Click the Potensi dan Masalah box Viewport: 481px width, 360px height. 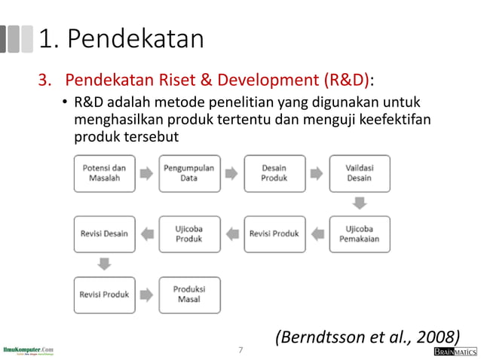[x=104, y=173]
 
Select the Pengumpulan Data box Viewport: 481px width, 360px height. [x=189, y=173]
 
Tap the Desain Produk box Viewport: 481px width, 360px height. [x=274, y=173]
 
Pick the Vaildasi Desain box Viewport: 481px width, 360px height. [x=360, y=173]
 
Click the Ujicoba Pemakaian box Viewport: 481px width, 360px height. [x=360, y=233]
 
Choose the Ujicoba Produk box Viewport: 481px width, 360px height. [x=189, y=233]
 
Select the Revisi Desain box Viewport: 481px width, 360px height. [x=104, y=233]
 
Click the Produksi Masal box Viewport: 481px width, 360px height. [x=189, y=294]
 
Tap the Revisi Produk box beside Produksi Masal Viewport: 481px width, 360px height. [x=104, y=294]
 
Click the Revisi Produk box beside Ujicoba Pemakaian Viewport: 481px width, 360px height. [x=274, y=233]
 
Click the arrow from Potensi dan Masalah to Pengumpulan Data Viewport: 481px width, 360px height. [x=146, y=173]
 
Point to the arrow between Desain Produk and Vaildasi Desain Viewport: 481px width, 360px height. [x=317, y=173]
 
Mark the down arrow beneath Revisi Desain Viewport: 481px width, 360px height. [x=104, y=264]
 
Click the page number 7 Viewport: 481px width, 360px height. [x=240, y=351]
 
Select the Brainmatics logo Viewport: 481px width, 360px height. [x=455, y=352]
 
